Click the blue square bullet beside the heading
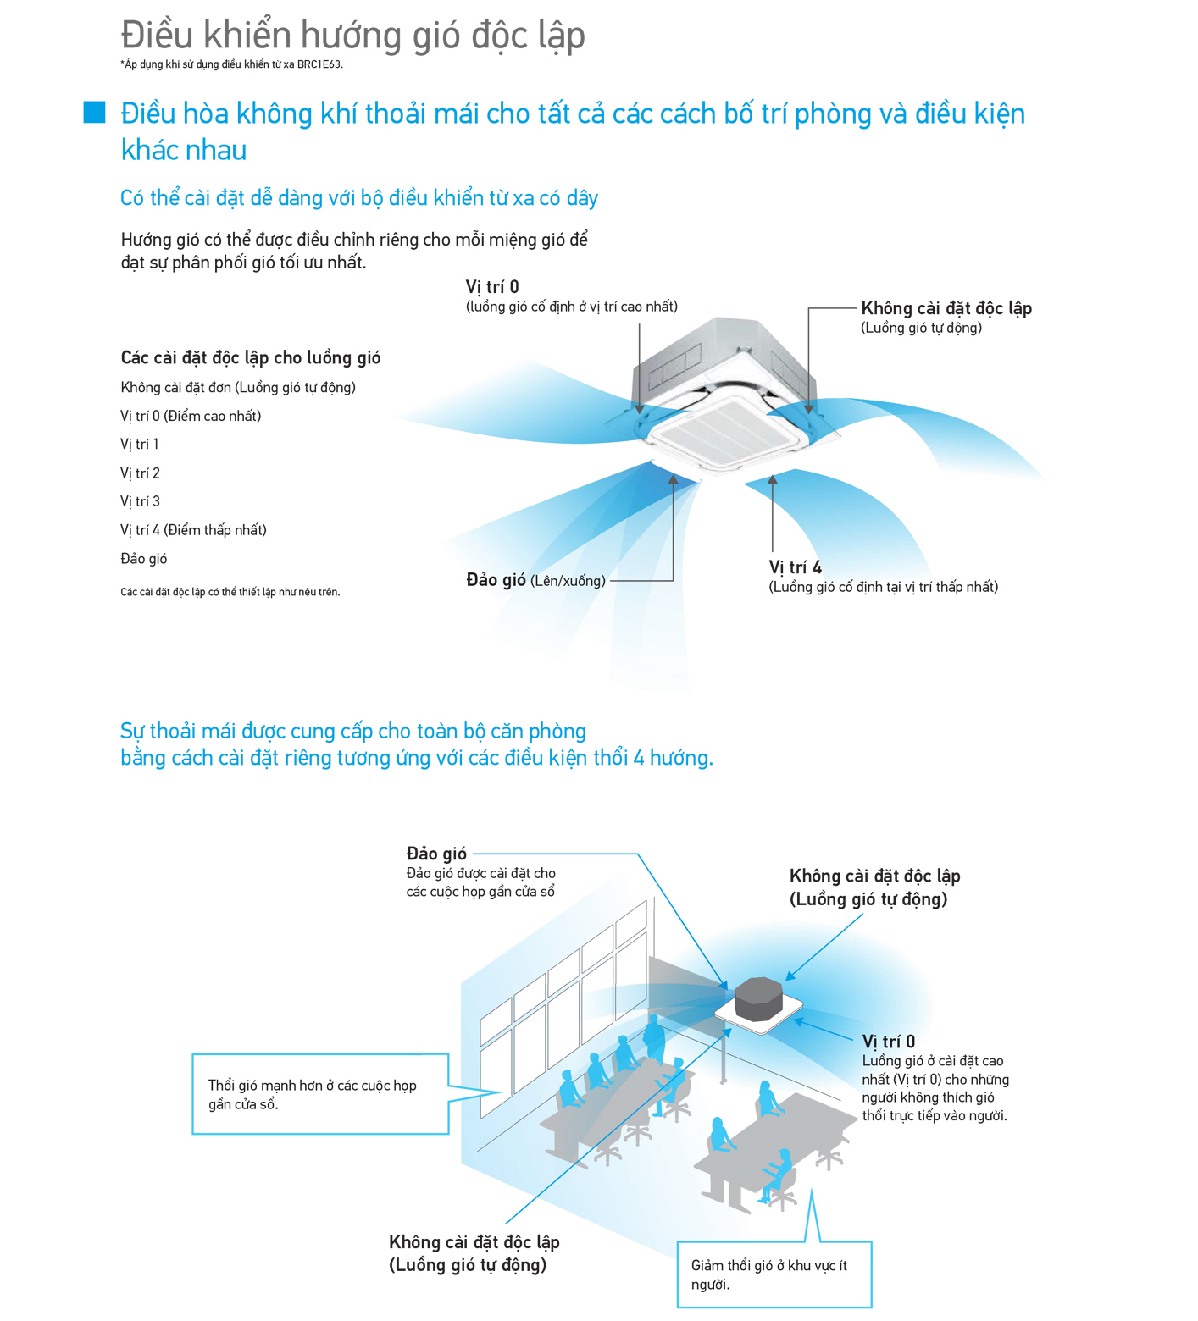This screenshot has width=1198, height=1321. coord(94,113)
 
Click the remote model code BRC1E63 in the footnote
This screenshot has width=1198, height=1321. coord(319,64)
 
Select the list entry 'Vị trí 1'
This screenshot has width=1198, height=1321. coord(140,445)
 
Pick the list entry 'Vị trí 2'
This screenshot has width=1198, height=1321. coord(141,473)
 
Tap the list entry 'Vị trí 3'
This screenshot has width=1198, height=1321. coord(141,501)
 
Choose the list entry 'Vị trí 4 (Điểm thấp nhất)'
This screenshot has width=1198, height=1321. coord(193,530)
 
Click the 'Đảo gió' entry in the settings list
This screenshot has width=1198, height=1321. coord(144,559)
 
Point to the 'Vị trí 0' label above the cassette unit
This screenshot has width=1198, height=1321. coord(492,287)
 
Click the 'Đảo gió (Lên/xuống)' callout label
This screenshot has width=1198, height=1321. coord(535,581)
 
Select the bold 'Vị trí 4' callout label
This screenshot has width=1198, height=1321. coord(795,567)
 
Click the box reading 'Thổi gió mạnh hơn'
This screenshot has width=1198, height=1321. coord(320,1094)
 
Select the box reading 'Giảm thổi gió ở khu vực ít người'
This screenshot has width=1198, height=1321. coord(774,1274)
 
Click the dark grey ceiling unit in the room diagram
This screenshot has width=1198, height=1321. coord(758,998)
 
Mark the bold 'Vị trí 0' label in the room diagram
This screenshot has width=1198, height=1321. coord(888,1042)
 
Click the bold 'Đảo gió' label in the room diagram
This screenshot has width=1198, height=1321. coord(436,854)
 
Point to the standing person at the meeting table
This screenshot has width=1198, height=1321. coord(654,1037)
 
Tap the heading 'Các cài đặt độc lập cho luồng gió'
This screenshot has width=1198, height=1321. coord(251,358)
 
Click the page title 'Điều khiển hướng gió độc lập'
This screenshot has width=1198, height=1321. coord(353,36)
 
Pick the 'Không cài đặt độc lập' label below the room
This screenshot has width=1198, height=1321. coord(474,1242)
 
